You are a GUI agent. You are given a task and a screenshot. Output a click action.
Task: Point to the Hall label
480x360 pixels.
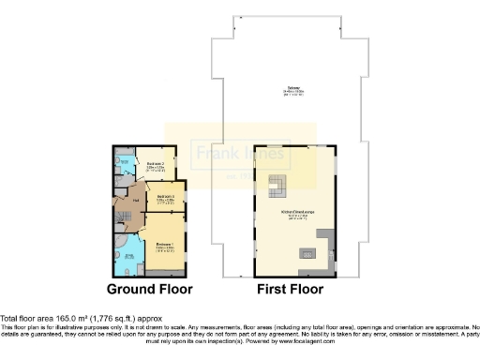click(x=136, y=200)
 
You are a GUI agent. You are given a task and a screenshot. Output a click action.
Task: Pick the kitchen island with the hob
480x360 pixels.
click(x=306, y=253)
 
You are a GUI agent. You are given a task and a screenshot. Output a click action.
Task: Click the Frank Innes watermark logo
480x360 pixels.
click(x=239, y=153)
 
